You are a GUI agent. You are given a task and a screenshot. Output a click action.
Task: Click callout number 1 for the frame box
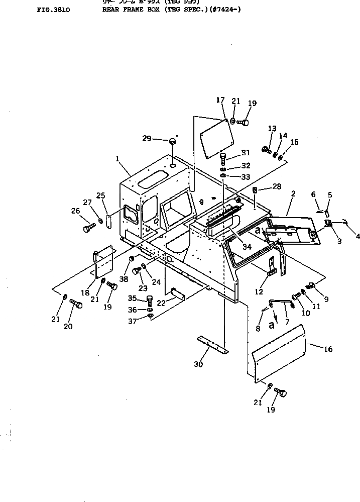tap(117, 158)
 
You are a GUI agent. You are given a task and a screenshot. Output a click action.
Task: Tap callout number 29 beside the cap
tap(146, 138)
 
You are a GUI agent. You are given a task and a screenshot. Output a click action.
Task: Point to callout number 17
tap(220, 100)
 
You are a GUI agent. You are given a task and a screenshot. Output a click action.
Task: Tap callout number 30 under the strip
tap(198, 364)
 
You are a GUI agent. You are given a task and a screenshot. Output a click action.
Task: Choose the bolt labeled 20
tap(76, 304)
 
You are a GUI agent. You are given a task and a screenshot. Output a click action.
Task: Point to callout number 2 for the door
tap(293, 193)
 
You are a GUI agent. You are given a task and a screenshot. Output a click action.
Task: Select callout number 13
tap(272, 129)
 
